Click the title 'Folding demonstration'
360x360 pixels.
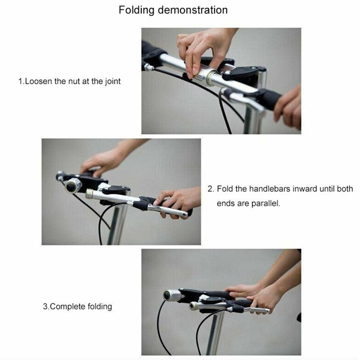point(173,10)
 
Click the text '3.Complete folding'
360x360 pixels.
point(77,306)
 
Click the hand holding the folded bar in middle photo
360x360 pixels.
point(178,200)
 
